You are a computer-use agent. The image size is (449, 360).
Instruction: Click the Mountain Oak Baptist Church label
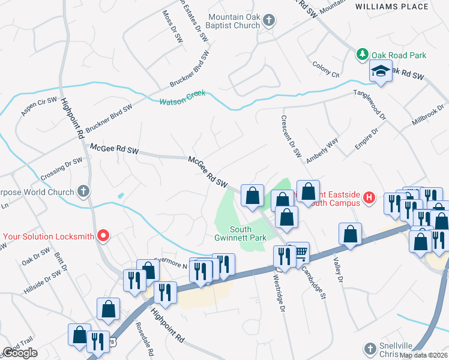coord(234,21)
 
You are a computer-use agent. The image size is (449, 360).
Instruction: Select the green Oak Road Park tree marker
coord(362,55)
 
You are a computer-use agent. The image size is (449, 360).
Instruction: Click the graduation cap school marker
coord(381,71)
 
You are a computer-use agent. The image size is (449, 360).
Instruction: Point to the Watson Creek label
coord(182,97)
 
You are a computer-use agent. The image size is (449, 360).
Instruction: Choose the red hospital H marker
coord(369,197)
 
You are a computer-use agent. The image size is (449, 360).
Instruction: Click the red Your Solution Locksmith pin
coord(103,236)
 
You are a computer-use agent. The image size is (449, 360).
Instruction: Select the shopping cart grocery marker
coord(298,253)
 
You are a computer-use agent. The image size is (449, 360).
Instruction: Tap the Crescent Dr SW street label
coord(291,136)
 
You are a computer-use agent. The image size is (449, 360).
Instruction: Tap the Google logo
coord(20,353)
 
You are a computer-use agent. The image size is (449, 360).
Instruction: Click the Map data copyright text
coord(424,355)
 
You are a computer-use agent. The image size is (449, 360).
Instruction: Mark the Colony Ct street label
coord(327,70)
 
